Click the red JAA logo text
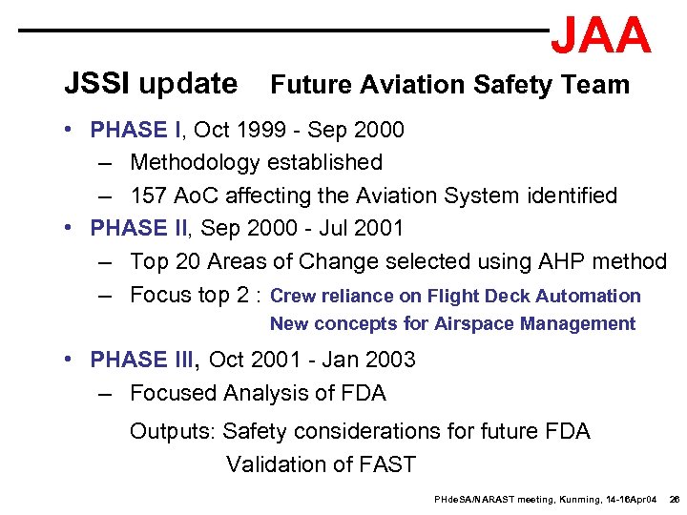(x=601, y=36)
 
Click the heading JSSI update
(x=151, y=84)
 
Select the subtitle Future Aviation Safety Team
(x=450, y=85)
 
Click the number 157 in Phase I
(x=149, y=196)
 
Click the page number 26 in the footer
(x=674, y=500)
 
